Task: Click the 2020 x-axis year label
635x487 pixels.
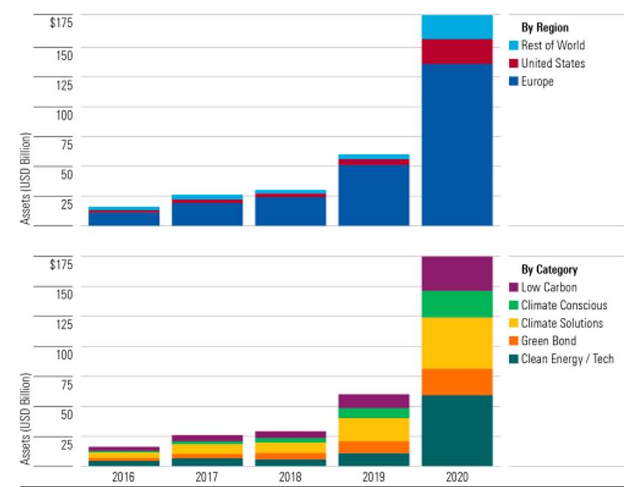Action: click(x=457, y=477)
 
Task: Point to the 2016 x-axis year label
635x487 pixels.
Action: click(x=124, y=477)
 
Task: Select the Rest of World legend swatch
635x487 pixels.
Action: click(x=514, y=46)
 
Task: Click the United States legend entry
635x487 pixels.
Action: click(x=553, y=63)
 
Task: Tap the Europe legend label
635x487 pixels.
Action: click(x=537, y=82)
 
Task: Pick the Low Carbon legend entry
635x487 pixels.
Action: click(x=549, y=288)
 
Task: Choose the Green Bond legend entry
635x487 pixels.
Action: click(x=548, y=341)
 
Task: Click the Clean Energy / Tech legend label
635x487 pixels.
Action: click(x=567, y=359)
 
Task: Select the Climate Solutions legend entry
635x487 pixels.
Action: click(x=561, y=324)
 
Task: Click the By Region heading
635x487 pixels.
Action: click(x=544, y=28)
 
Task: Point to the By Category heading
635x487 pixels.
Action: click(x=549, y=270)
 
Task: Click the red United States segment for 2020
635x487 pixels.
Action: click(x=457, y=51)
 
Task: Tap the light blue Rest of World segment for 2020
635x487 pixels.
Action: click(x=457, y=26)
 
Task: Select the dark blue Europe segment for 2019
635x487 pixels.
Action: click(x=374, y=195)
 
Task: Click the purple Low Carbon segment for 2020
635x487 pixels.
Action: click(x=457, y=274)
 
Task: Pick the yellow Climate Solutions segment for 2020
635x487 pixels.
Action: click(x=457, y=343)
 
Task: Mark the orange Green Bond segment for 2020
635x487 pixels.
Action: click(x=457, y=382)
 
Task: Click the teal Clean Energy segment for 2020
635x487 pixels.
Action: click(x=457, y=430)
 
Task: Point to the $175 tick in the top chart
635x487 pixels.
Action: click(x=60, y=23)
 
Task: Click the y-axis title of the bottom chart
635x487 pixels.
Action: click(x=26, y=419)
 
